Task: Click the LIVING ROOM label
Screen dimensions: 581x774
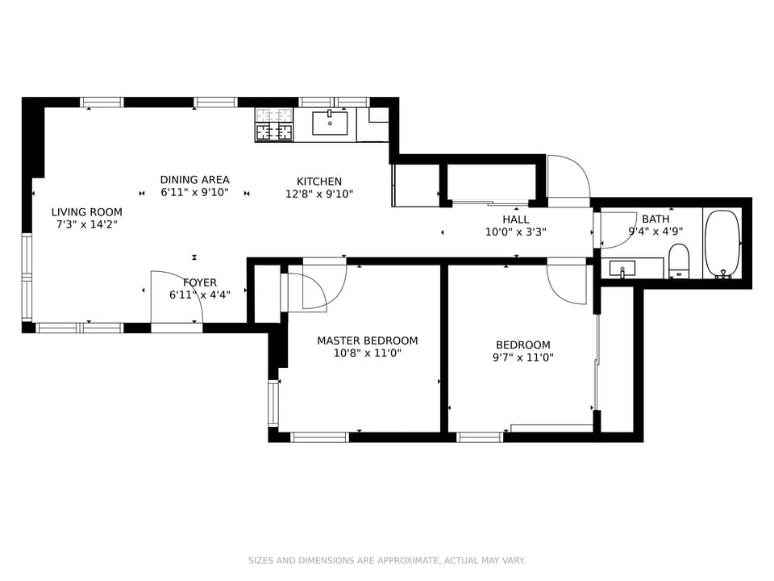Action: [x=87, y=212]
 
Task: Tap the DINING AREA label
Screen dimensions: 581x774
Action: [x=194, y=180]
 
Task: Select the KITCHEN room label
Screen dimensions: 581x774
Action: [x=319, y=182]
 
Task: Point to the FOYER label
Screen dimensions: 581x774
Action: [x=200, y=282]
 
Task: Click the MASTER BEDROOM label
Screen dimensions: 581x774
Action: [x=367, y=341]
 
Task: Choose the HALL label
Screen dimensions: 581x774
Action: [x=516, y=219]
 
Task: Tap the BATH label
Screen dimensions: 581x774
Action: [x=655, y=219]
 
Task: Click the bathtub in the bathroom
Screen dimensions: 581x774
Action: [x=722, y=244]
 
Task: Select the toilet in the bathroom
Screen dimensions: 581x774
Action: [x=679, y=261]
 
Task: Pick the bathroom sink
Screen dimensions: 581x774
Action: [x=622, y=268]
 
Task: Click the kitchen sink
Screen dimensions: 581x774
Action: [x=330, y=123]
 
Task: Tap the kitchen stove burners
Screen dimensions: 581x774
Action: [x=274, y=124]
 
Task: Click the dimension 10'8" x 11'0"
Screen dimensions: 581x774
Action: [x=367, y=353]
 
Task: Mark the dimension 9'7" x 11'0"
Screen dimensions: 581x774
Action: [x=522, y=357]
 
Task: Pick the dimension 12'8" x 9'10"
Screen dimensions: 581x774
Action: [x=319, y=194]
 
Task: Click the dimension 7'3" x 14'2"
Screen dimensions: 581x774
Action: [x=87, y=225]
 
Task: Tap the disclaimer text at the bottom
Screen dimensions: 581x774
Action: [x=387, y=560]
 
